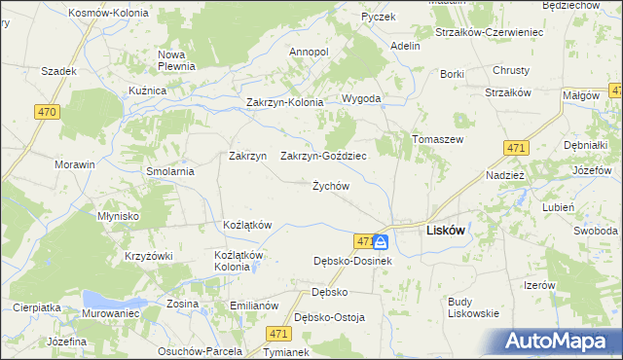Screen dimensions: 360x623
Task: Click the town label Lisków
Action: [x=447, y=233]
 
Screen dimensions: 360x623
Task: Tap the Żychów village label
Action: [x=330, y=186]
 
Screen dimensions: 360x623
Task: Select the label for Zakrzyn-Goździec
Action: [x=323, y=156]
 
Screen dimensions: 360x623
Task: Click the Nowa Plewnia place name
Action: [x=178, y=60]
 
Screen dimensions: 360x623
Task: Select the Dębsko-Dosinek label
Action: [x=352, y=261]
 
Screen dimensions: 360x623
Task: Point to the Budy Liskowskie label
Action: [x=473, y=307]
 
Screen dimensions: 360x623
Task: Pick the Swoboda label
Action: [x=595, y=231]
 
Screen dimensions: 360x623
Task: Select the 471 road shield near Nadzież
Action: [x=517, y=147]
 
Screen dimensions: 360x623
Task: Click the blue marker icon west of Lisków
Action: [x=381, y=241]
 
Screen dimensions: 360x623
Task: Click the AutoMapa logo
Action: [x=561, y=341]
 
